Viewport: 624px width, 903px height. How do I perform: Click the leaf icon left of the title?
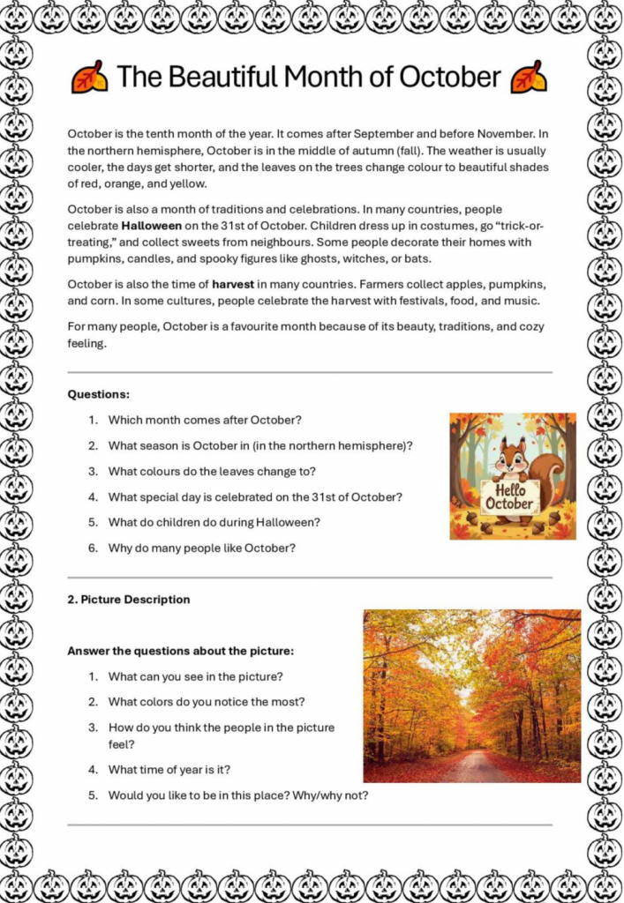[x=89, y=78]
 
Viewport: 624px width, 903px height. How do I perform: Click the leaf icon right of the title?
[x=529, y=78]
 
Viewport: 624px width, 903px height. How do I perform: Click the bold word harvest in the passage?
[x=233, y=285]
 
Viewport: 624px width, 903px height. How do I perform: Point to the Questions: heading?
[x=99, y=394]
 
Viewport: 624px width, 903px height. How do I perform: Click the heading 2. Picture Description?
[x=129, y=600]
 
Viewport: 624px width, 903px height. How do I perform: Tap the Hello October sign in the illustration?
[x=510, y=496]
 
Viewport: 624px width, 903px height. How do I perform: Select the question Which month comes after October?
[x=205, y=420]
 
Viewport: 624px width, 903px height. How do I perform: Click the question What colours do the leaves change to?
[x=212, y=471]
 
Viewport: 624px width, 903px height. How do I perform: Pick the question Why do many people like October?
[x=201, y=548]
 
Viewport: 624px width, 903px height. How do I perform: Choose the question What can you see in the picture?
[x=195, y=676]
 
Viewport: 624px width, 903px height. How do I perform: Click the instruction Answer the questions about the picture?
[x=180, y=651]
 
